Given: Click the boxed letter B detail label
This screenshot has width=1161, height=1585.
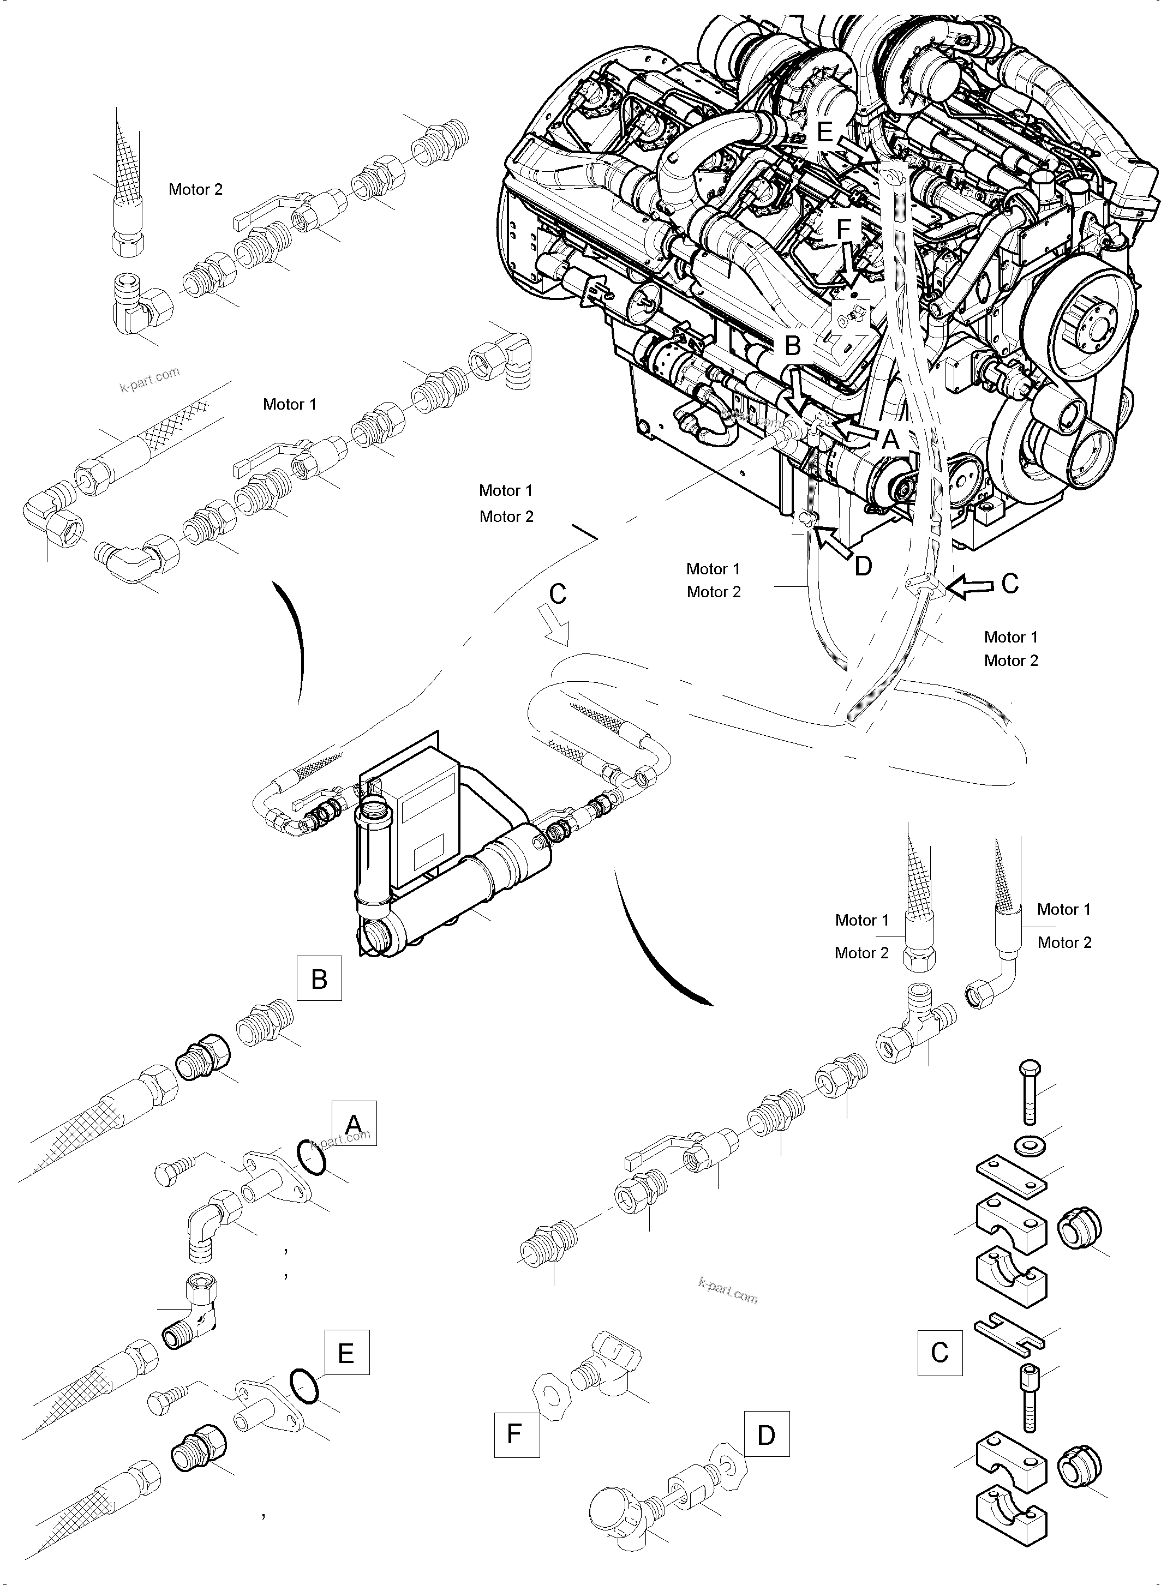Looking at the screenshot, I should [319, 978].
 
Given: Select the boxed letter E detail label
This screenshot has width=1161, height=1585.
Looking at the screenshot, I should [346, 1352].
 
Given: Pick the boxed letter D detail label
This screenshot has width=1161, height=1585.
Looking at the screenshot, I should [766, 1434].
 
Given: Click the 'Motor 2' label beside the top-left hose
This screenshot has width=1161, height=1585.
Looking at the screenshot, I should [195, 189].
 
